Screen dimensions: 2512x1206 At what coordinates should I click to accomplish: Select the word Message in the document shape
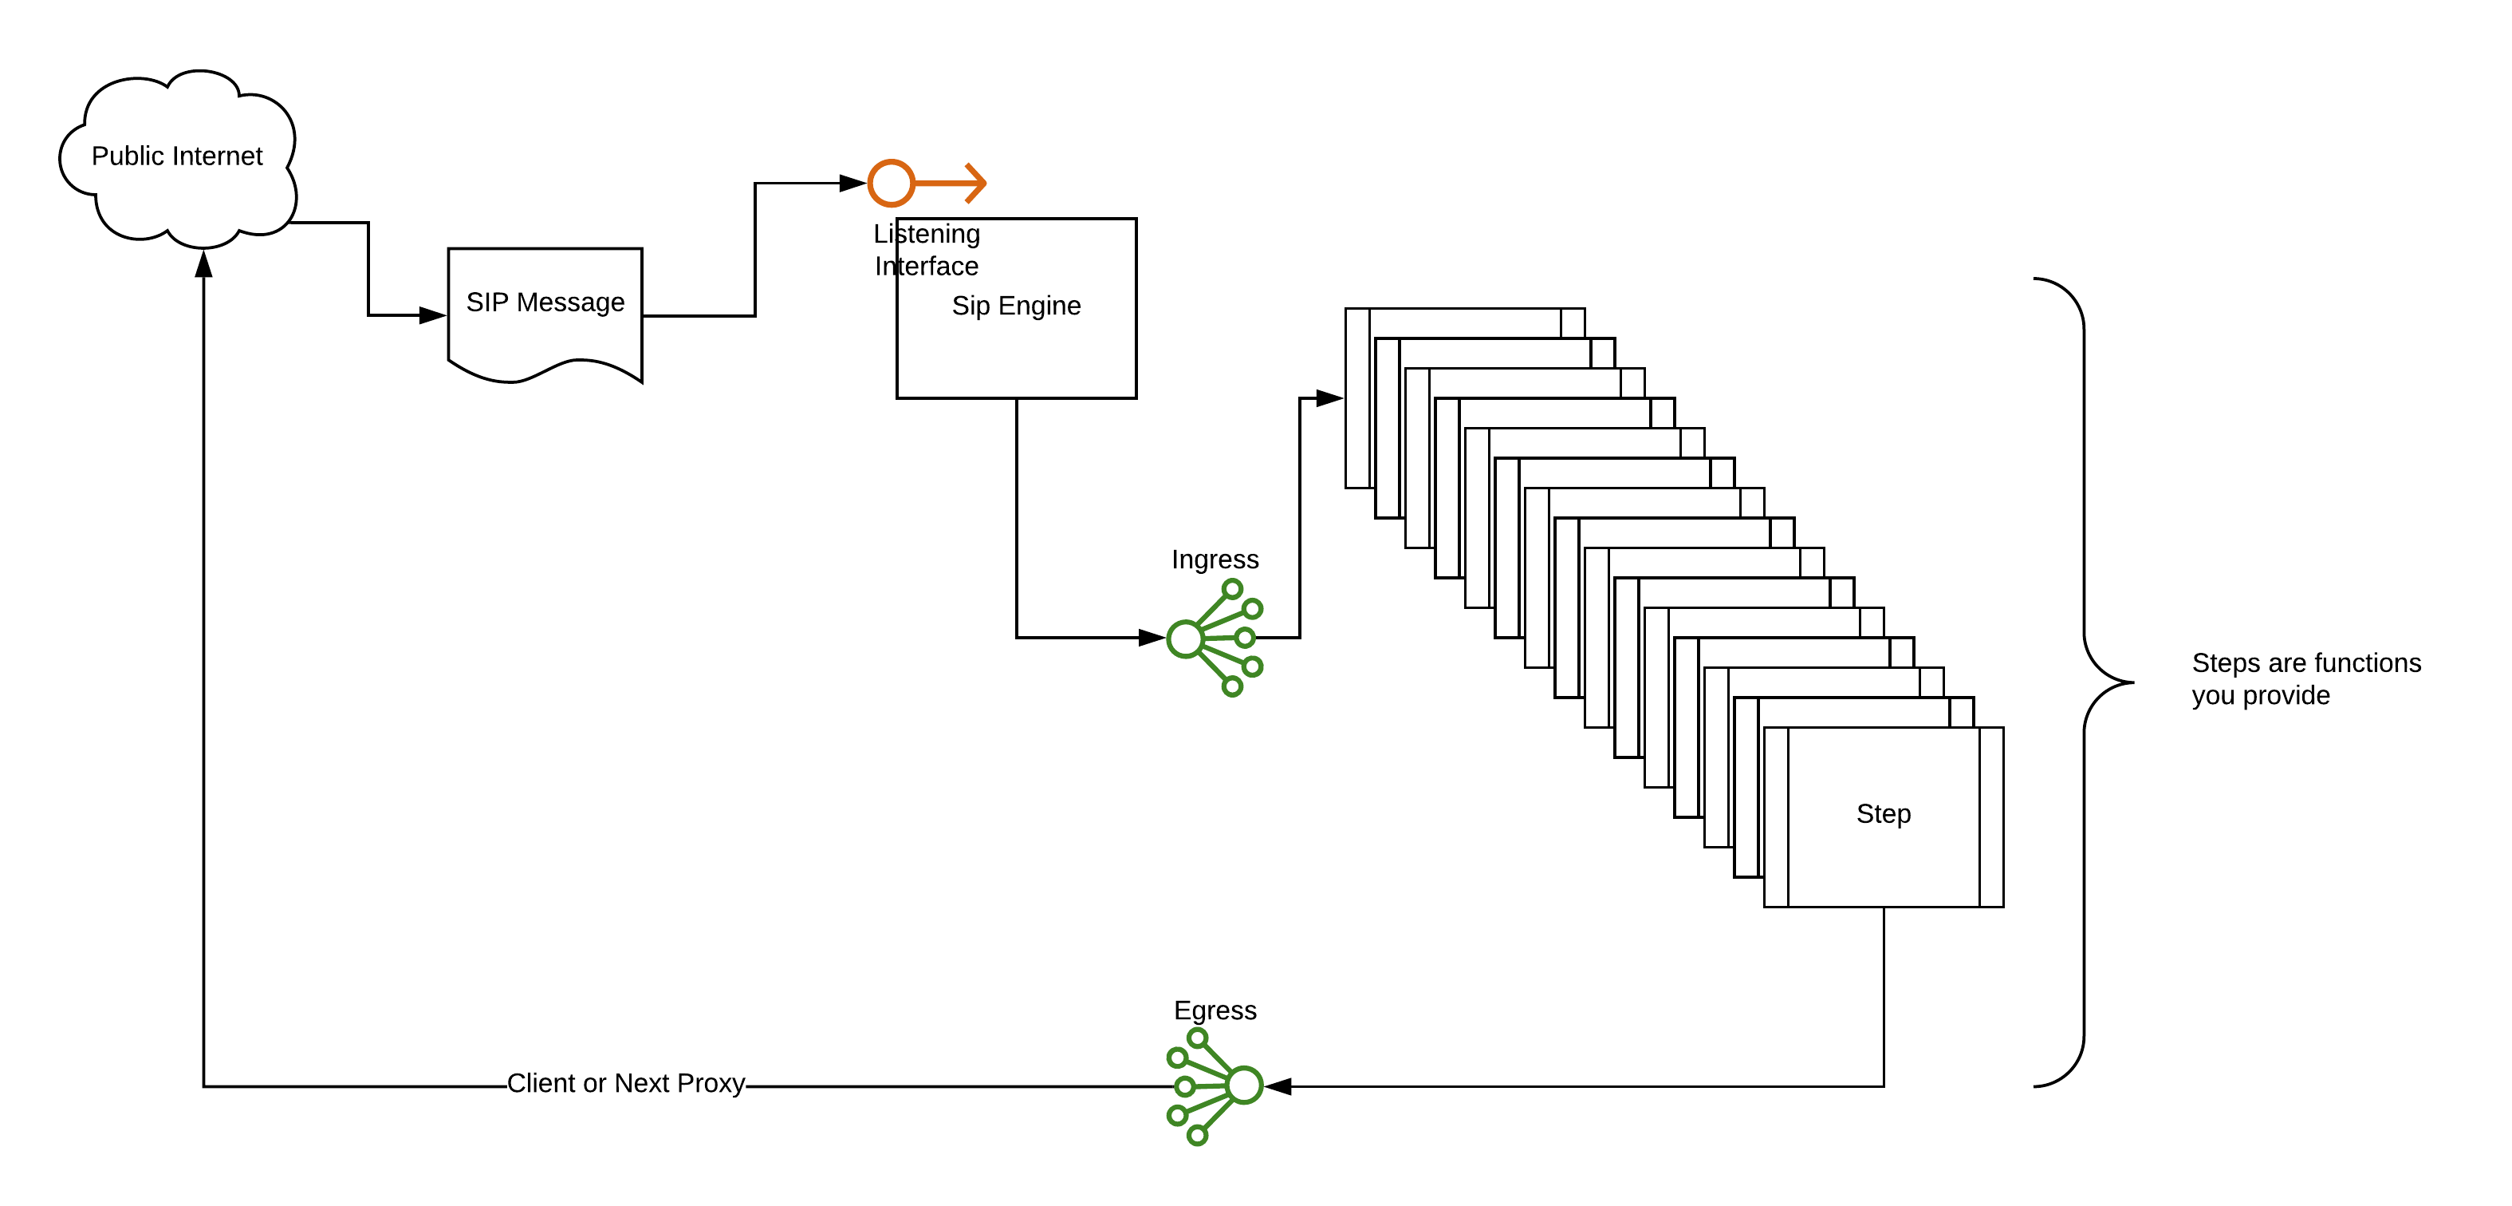click(x=570, y=302)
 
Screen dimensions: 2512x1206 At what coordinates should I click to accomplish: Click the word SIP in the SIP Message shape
click(x=486, y=302)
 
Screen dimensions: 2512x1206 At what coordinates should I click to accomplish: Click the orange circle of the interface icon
click(x=890, y=184)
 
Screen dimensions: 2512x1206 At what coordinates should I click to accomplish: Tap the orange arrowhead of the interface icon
click(x=975, y=184)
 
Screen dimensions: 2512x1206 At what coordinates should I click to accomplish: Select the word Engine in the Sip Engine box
click(x=1040, y=306)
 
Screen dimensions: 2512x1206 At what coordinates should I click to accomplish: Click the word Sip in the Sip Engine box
click(x=971, y=306)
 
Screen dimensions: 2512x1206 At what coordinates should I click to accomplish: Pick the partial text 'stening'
click(x=938, y=234)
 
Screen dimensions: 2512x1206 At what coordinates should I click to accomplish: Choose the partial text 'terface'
click(x=938, y=267)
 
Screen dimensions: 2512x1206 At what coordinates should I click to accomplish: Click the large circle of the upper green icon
click(x=1185, y=640)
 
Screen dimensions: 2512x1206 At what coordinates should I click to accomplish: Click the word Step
click(x=1883, y=814)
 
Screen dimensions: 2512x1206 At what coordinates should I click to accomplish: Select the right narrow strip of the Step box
click(x=1990, y=817)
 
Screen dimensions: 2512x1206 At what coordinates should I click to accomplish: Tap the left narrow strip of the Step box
click(x=1777, y=817)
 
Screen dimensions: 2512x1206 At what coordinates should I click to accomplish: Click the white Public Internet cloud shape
click(x=175, y=210)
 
